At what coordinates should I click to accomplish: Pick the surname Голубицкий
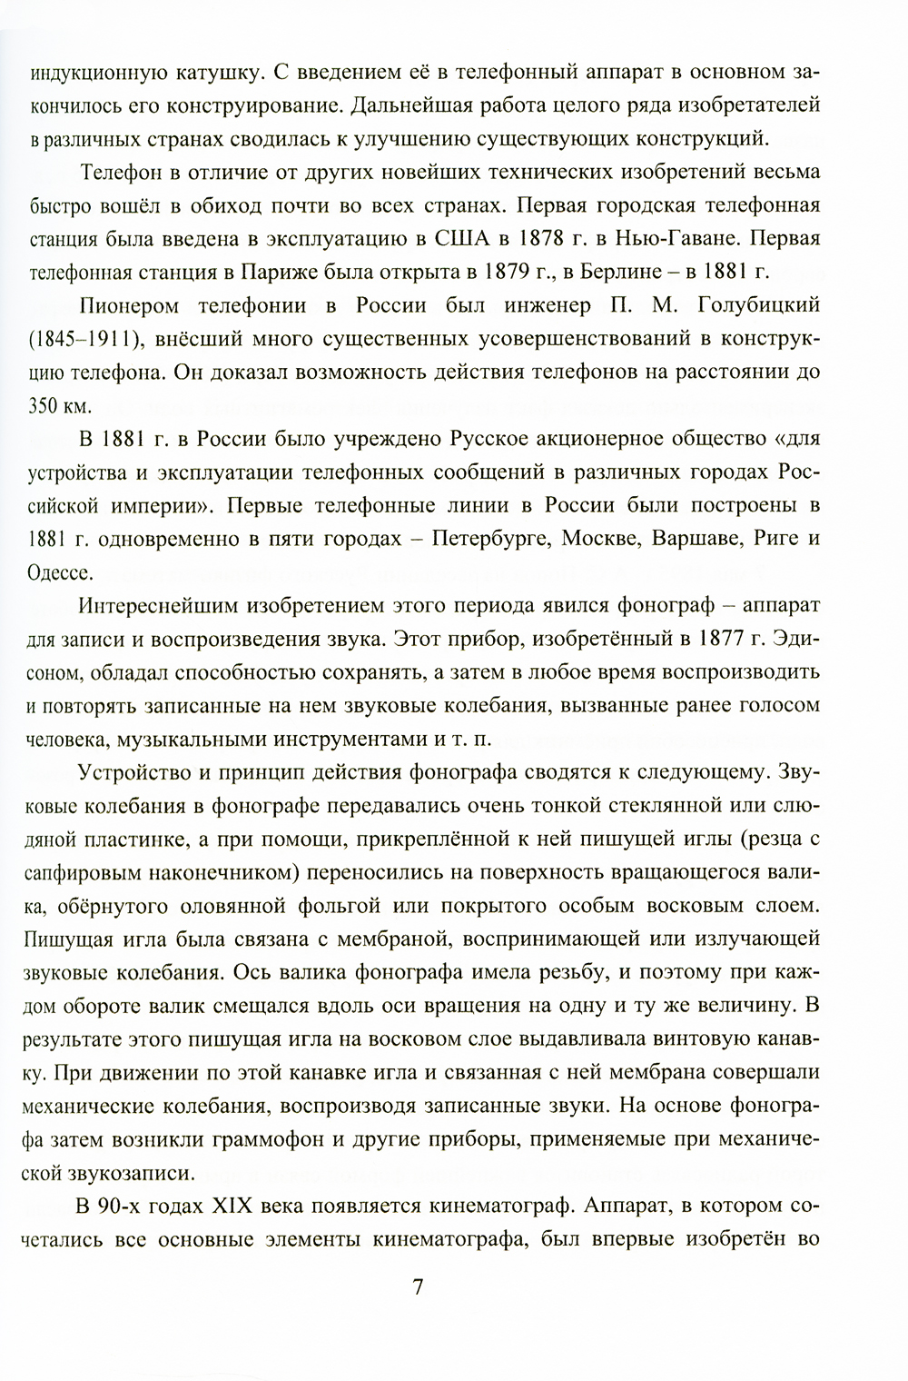point(757,304)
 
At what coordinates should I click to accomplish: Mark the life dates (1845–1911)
point(84,338)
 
